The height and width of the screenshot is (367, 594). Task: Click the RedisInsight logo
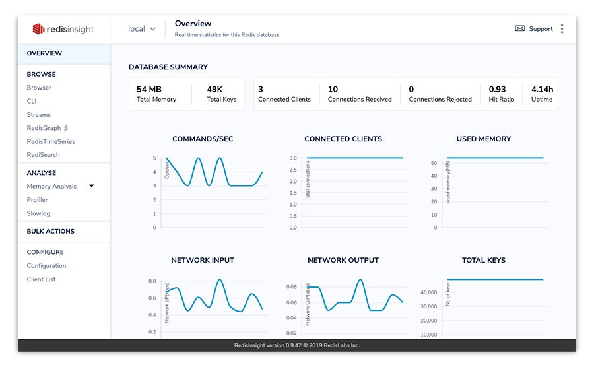click(63, 29)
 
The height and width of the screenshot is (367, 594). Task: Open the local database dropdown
click(142, 29)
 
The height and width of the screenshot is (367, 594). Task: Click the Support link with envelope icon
click(534, 29)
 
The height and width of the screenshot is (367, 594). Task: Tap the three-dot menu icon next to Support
click(562, 29)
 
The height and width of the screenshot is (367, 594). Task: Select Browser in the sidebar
click(39, 88)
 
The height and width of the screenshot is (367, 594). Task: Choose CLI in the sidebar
click(32, 101)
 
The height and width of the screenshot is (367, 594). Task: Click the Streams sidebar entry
click(39, 115)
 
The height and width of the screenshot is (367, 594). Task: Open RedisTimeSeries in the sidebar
click(51, 141)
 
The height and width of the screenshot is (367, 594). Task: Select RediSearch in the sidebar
click(43, 155)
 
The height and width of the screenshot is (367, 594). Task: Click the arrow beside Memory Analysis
click(92, 186)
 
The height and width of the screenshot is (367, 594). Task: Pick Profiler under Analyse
click(37, 200)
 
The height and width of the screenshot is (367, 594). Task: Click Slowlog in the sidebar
click(38, 213)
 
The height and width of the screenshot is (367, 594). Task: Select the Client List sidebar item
click(41, 279)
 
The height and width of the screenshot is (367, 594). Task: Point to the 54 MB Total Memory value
click(149, 89)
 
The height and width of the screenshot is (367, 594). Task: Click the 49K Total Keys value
click(215, 89)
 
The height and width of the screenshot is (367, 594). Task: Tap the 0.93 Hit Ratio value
click(497, 89)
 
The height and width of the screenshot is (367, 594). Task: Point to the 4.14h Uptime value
click(542, 89)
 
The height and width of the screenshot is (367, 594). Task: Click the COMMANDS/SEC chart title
click(203, 139)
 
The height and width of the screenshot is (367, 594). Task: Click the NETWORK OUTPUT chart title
click(343, 261)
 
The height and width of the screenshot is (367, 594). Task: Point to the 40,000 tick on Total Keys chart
click(428, 292)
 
